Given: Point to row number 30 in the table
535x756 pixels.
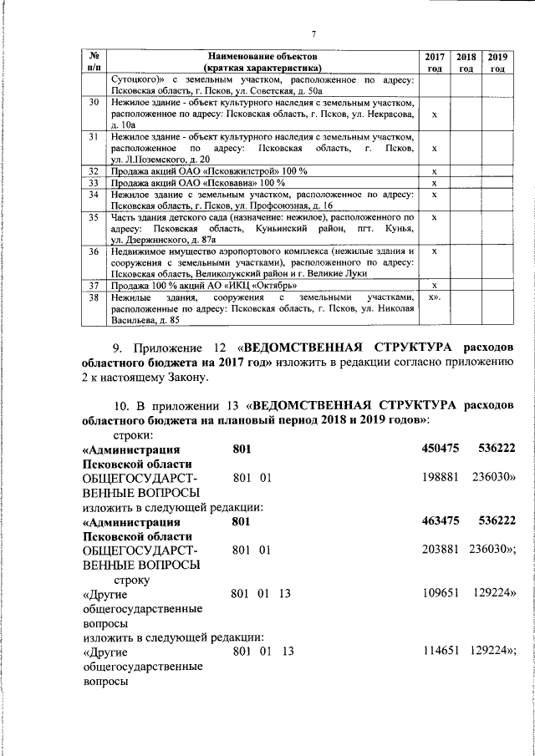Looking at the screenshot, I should pos(94,102).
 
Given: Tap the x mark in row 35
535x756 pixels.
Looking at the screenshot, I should pos(434,217).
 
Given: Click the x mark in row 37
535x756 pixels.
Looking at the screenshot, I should pos(434,286).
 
